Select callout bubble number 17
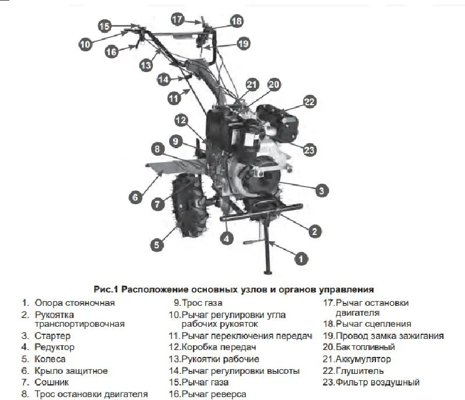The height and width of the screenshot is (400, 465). pos(178,19)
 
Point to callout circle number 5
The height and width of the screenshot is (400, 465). pos(156,245)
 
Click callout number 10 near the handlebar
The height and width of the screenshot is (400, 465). pos(85,44)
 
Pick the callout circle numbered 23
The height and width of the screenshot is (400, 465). pos(309,150)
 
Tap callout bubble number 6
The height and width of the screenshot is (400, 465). pos(135,197)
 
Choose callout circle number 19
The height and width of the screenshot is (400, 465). pos(243,43)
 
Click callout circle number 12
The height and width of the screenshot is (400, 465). pos(181,120)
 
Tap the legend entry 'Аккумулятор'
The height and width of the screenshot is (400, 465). pos(363,359)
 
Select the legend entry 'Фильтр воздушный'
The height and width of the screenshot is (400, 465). pos(377,383)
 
